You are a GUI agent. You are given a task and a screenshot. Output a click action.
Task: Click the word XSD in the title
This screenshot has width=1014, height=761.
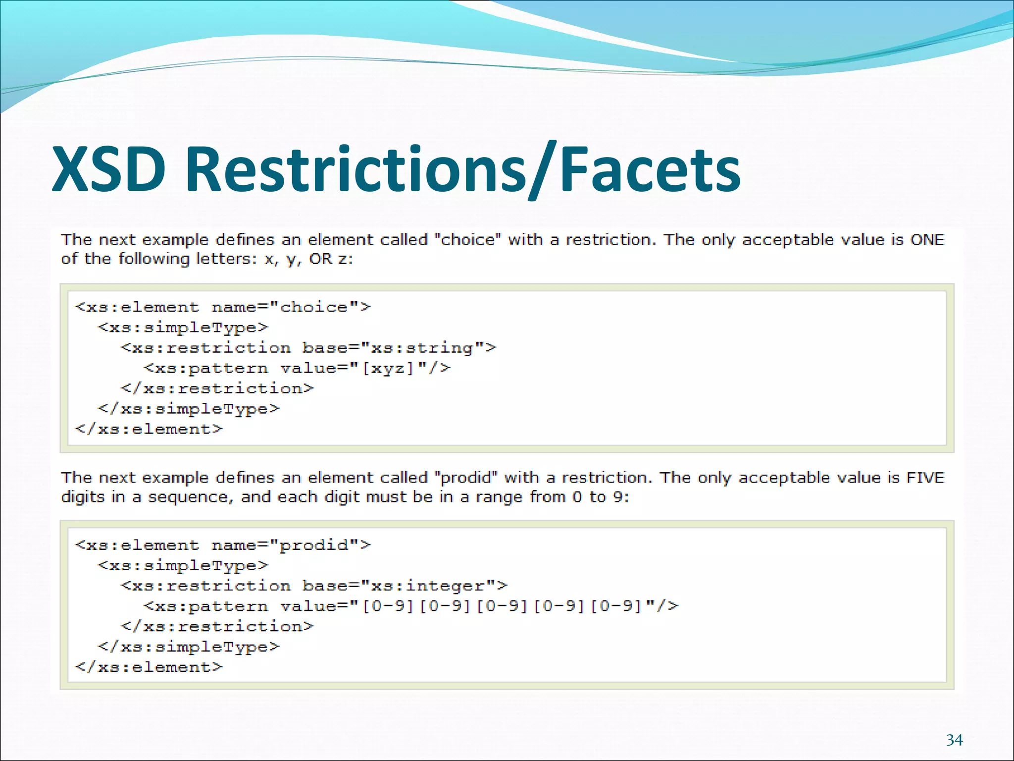click(x=109, y=169)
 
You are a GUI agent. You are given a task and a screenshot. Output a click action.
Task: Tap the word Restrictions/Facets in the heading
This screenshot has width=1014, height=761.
click(x=463, y=169)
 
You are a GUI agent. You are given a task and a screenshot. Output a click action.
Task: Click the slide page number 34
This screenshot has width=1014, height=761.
click(x=954, y=740)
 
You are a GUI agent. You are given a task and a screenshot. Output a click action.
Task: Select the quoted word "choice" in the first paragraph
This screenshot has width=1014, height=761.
click(x=467, y=240)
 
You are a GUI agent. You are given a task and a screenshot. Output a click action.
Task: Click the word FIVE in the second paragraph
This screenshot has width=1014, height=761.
click(x=925, y=478)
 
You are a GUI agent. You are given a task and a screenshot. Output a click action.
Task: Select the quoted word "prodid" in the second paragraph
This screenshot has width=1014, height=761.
click(x=465, y=478)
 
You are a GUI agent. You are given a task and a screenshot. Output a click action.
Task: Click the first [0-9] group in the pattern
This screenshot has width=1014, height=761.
click(x=388, y=606)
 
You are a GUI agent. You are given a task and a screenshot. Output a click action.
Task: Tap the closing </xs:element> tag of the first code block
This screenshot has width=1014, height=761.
click(x=149, y=429)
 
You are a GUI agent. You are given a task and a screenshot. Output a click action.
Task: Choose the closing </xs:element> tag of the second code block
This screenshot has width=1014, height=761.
click(x=149, y=667)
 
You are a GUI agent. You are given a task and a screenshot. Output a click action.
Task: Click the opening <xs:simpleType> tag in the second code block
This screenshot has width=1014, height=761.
click(x=183, y=565)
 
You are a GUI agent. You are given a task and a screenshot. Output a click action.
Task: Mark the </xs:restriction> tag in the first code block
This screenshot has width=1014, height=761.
click(x=217, y=388)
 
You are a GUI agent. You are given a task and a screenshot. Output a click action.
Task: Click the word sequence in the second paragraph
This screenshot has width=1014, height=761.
click(x=191, y=497)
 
